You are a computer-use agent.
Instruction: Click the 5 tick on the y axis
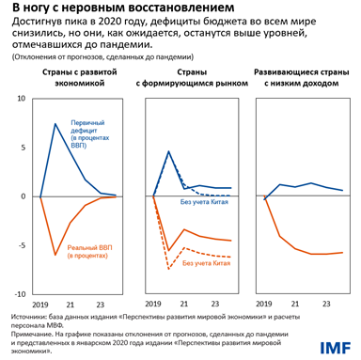(23, 149)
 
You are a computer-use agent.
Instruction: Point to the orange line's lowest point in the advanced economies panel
(56, 255)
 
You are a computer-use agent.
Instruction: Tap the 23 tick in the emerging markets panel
(216, 304)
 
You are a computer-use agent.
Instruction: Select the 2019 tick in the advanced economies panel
(41, 304)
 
